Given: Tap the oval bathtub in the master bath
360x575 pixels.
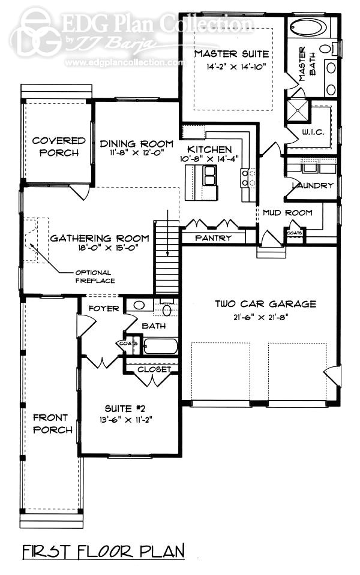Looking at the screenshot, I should pos(308,28).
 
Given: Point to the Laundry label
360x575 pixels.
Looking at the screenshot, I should pos(312,185).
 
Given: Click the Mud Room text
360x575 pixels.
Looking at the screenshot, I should pos(287,212).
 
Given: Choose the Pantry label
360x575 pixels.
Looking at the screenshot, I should pos(213,238).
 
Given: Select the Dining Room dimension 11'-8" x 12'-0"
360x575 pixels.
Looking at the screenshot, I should pos(136,153).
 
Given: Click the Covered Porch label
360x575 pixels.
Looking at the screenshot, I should pos(59,147).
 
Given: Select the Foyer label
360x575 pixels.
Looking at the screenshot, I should pos(104,309).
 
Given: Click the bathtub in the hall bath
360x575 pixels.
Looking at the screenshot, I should pos(160,347).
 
